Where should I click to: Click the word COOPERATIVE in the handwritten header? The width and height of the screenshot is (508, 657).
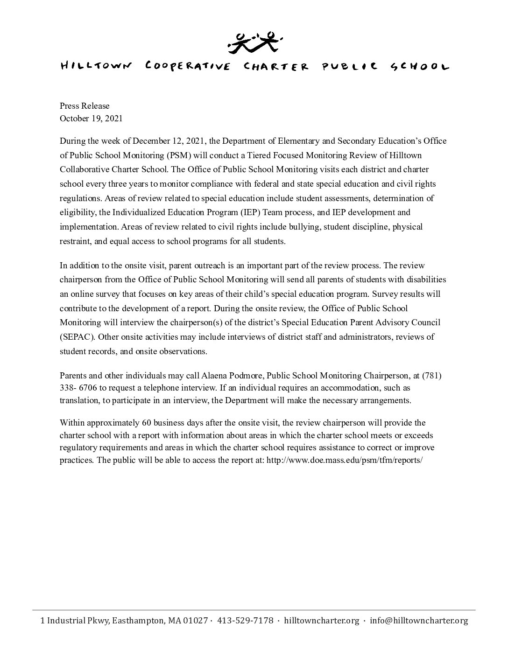(x=188, y=66)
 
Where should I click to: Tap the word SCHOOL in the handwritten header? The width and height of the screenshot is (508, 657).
(x=420, y=66)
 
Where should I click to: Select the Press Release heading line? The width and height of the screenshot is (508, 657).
(x=85, y=106)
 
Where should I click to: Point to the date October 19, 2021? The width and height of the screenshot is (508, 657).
(x=91, y=119)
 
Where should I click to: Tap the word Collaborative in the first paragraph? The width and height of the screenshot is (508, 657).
(x=82, y=169)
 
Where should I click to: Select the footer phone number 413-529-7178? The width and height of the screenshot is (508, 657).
(x=246, y=621)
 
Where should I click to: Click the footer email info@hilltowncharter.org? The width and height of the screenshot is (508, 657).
(x=418, y=621)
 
